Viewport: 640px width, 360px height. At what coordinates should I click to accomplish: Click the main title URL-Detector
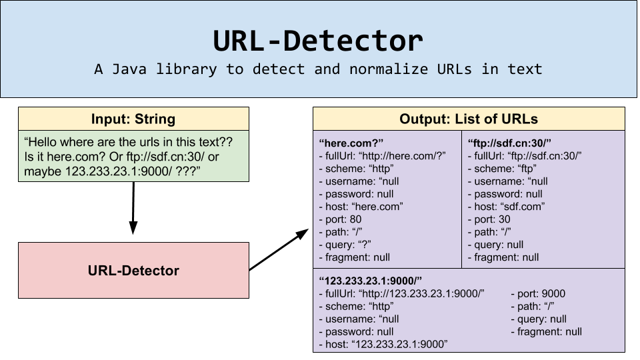[x=318, y=41]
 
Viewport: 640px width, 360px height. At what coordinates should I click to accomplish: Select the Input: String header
[x=133, y=119]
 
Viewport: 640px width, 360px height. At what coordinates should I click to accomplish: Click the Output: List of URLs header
[x=469, y=119]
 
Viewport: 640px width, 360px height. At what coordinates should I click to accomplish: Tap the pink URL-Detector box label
[x=133, y=271]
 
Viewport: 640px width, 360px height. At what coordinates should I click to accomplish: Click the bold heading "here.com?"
[x=351, y=143]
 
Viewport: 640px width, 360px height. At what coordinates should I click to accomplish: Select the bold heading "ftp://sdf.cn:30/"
[x=509, y=143]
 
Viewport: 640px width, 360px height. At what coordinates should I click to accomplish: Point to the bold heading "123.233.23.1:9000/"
[x=371, y=281]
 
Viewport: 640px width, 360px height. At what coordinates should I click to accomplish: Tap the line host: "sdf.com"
[x=509, y=207]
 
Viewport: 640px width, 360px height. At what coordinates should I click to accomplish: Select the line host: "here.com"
[x=363, y=207]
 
